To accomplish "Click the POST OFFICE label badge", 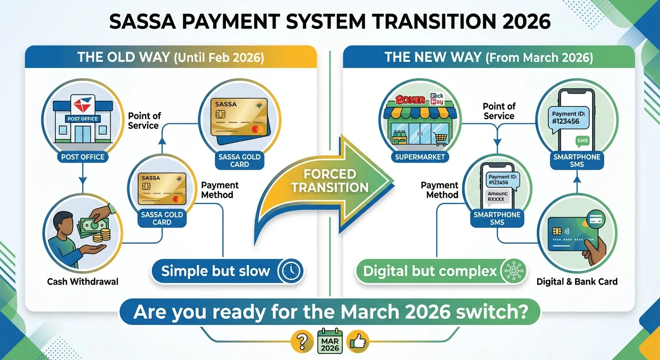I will (82, 157).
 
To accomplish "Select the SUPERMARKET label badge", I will (420, 157).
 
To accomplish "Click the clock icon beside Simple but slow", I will (291, 271).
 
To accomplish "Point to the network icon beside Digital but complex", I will (513, 271).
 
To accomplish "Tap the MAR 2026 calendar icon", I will (330, 342).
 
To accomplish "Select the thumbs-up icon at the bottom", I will (359, 342).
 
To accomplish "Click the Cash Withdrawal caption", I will (82, 282).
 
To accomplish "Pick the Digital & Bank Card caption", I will (577, 282).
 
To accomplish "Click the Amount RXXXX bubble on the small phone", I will (497, 196).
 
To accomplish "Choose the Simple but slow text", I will (216, 271).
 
